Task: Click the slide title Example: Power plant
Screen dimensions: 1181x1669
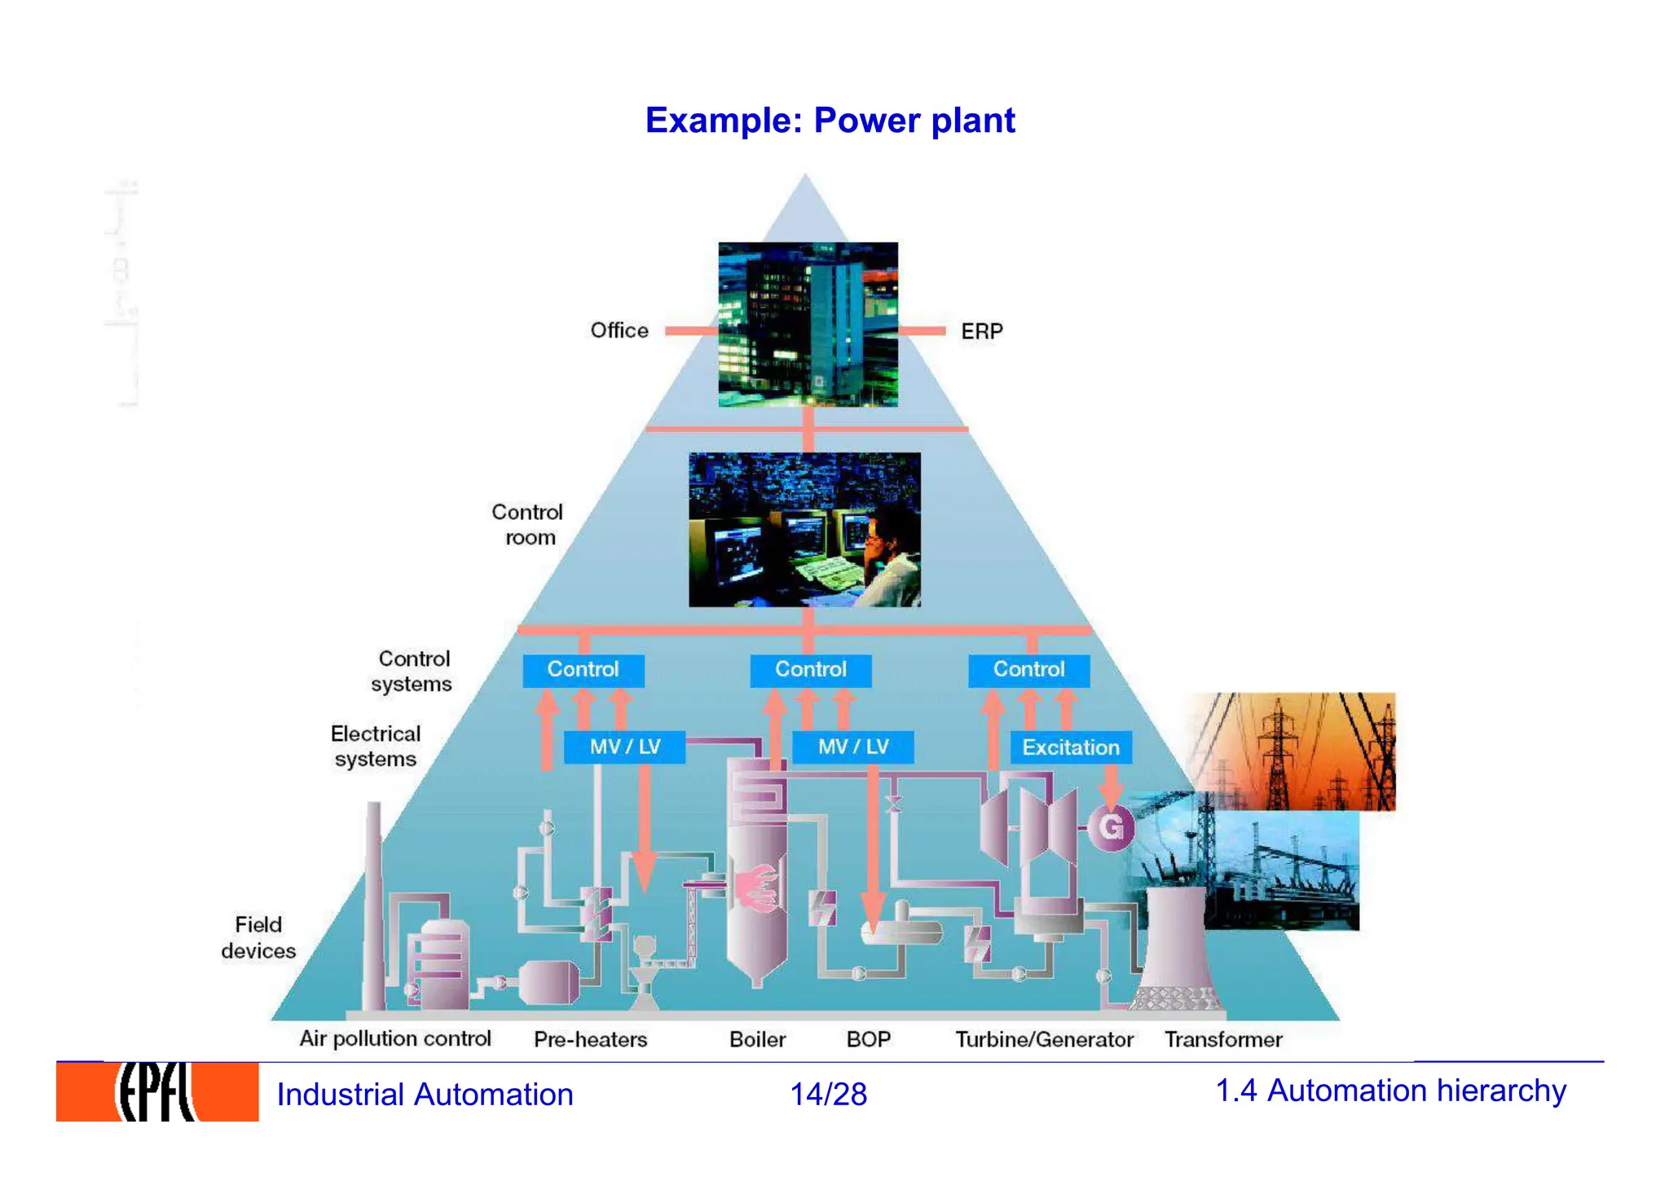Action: point(830,121)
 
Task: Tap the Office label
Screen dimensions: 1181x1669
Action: point(619,331)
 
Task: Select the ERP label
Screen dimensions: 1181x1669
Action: point(981,332)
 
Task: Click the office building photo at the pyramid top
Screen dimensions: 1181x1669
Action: point(808,324)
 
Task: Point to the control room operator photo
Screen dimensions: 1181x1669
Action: point(804,530)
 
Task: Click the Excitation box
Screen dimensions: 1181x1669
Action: point(1071,747)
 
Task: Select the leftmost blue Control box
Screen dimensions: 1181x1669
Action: point(583,670)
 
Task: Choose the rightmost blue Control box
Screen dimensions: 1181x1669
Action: point(1028,670)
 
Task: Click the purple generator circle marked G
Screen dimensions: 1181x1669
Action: point(1111,827)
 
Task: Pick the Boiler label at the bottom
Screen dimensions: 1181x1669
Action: point(757,1040)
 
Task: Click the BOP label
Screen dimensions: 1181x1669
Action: point(869,1040)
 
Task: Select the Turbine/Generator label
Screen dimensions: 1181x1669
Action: point(1044,1040)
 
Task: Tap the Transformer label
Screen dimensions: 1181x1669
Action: point(1223,1040)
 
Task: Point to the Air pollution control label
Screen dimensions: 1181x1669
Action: point(395,1039)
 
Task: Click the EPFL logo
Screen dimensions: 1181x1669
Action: point(157,1092)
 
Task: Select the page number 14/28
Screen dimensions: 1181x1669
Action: point(828,1095)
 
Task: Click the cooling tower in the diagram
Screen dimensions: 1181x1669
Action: point(1176,950)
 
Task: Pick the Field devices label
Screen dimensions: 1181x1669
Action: point(258,938)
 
